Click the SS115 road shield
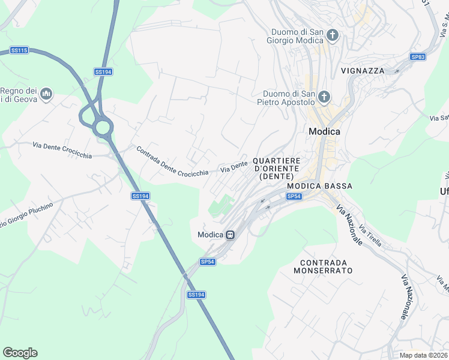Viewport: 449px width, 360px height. click(20, 50)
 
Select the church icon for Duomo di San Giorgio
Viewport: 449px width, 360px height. click(333, 36)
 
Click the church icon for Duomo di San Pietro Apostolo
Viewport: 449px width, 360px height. click(324, 97)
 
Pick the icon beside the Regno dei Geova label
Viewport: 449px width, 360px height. click(46, 94)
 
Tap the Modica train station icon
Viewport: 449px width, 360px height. click(230, 235)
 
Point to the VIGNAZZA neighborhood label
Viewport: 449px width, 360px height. click(363, 70)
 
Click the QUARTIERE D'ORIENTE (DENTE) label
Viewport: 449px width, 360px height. click(276, 169)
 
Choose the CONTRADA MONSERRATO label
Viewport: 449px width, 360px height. click(323, 266)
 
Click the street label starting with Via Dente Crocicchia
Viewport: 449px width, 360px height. click(62, 151)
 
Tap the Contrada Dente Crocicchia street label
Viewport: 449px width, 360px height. click(172, 161)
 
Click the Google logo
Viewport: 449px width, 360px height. click(20, 353)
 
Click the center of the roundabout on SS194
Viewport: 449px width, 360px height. click(102, 127)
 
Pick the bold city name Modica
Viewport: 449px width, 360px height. click(324, 131)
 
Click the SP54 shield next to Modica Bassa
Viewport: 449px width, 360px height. click(294, 196)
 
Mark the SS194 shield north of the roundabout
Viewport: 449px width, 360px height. click(103, 72)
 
